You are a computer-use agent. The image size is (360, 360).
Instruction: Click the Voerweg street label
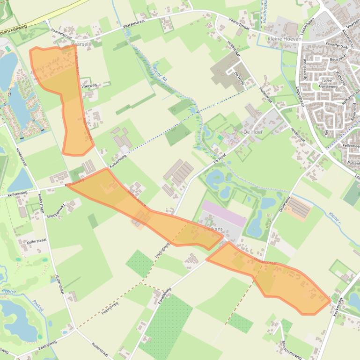(88, 86)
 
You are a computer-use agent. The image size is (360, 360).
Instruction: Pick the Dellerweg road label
(285, 204)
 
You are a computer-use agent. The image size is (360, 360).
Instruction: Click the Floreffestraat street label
(334, 46)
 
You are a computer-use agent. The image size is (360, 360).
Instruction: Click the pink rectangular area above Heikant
(224, 213)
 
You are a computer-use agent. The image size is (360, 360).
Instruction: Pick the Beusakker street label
(338, 60)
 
